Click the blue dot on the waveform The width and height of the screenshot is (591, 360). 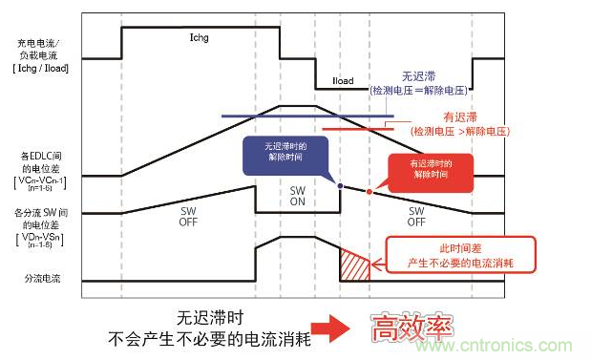coord(340,185)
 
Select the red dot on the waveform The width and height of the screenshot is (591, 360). coord(369,191)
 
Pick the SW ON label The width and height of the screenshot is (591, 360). coord(298,197)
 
